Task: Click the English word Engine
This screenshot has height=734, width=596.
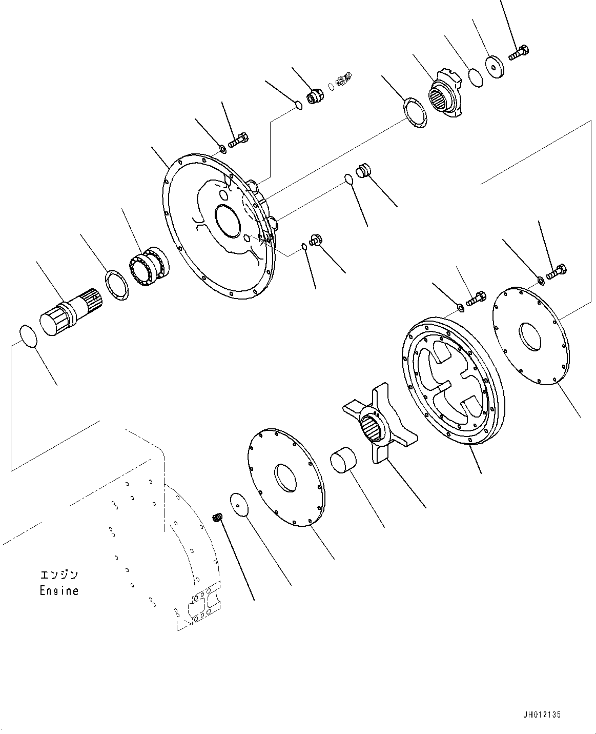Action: [x=59, y=590]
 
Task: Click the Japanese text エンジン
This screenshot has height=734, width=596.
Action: [x=60, y=574]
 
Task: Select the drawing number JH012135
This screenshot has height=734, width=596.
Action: [x=546, y=715]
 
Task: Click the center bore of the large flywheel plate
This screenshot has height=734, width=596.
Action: [x=229, y=221]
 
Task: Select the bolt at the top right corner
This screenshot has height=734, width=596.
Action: [x=519, y=52]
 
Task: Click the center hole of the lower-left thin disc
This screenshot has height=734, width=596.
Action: [x=284, y=477]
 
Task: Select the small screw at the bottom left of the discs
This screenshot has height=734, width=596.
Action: [x=217, y=518]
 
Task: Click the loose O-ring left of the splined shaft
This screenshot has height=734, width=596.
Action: [x=28, y=336]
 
